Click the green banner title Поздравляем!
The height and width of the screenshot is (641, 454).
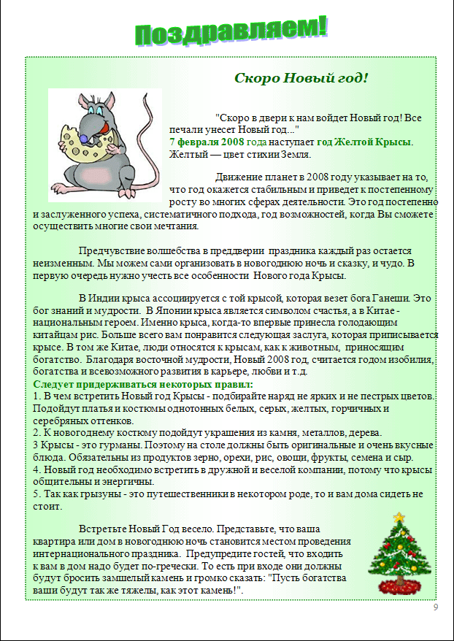[231, 31]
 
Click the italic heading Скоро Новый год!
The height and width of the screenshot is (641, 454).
[301, 77]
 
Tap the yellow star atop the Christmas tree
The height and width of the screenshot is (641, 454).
[399, 517]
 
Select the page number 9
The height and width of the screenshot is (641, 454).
[436, 607]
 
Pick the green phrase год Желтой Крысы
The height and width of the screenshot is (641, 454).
[364, 142]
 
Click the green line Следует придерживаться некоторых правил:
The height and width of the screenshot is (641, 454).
[143, 384]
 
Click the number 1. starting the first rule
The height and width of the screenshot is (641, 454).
[37, 396]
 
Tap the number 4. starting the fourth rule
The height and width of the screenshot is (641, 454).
[37, 470]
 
